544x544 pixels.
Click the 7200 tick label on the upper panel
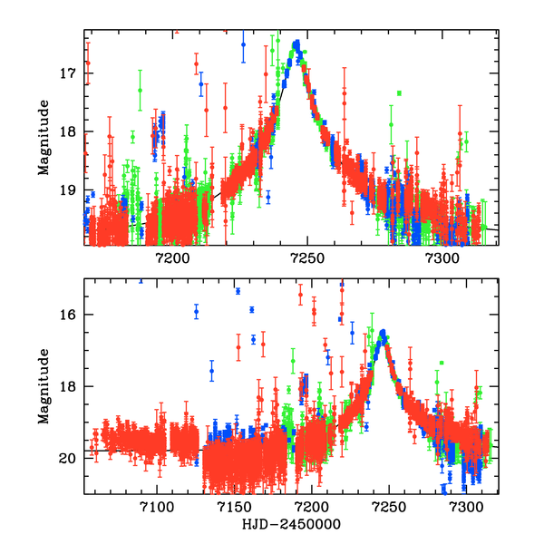pos(172,259)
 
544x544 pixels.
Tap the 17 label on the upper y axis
pos(73,73)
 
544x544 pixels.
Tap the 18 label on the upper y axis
pos(73,131)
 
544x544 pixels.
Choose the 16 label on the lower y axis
pos(73,315)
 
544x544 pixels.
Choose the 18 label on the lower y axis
pos(73,386)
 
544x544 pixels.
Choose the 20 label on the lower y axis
pos(73,458)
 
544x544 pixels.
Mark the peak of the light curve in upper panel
pos(296,43)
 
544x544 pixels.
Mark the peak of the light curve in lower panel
pos(384,333)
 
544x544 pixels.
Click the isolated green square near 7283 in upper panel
pos(399,92)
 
